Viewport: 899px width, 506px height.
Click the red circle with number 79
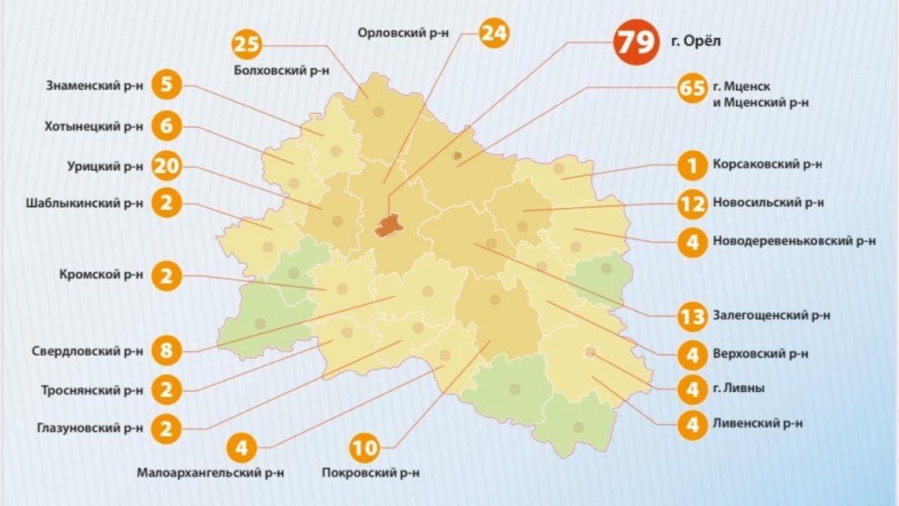pos(636,42)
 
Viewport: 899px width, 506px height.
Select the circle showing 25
pos(248,44)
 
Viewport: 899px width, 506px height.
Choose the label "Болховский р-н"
pos(281,70)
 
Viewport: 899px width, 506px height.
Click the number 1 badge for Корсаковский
pos(693,166)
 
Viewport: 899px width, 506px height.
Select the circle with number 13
pos(693,316)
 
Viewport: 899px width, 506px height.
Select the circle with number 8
pos(166,350)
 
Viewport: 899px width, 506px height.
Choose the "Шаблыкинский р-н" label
pos(85,202)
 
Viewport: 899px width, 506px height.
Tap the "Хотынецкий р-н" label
pos(94,126)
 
